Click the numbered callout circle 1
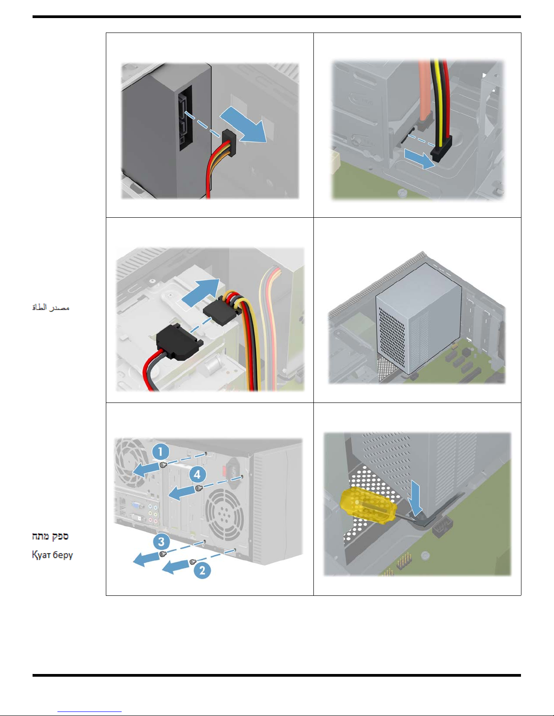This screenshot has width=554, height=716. tap(161, 451)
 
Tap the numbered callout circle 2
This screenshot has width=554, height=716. tap(202, 571)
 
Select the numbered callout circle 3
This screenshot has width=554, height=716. tap(161, 542)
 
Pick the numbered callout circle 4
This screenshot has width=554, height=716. tap(197, 474)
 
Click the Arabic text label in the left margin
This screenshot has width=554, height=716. tap(51, 308)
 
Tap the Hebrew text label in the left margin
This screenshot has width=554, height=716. tap(50, 536)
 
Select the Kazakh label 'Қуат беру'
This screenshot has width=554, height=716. tap(52, 555)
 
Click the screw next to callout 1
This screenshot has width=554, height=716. tap(163, 465)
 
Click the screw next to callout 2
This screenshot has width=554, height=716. tap(193, 562)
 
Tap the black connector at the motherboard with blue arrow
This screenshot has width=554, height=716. tap(441, 149)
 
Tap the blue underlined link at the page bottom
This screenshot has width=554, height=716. tap(90, 712)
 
